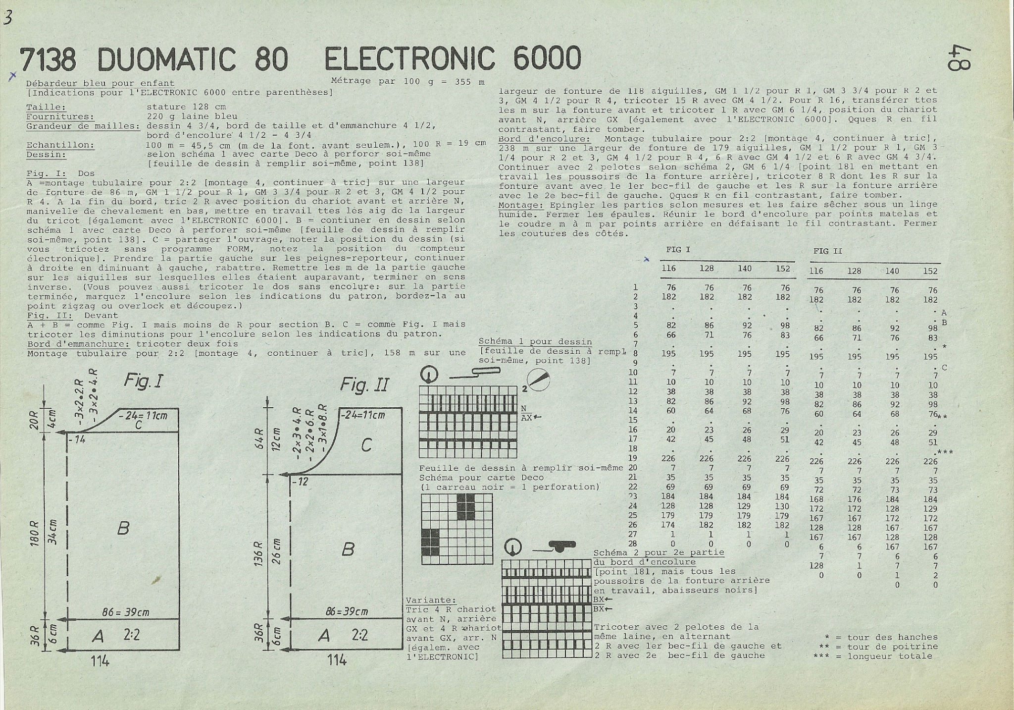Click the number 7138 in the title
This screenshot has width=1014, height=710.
click(x=48, y=59)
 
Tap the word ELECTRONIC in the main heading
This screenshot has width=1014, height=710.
click(x=409, y=58)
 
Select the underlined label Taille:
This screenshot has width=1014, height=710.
click(x=46, y=107)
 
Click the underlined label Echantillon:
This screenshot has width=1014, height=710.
click(x=60, y=145)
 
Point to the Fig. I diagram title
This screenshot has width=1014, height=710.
click(x=143, y=381)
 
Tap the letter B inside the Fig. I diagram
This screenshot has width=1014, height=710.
click(x=123, y=528)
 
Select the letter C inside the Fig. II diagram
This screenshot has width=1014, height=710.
click(x=366, y=445)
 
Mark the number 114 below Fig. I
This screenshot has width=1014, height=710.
click(x=100, y=660)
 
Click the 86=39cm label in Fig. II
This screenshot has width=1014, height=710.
click(x=346, y=611)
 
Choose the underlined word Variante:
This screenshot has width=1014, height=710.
click(x=430, y=600)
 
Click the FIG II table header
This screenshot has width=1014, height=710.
click(x=827, y=251)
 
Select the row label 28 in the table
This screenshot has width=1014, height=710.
click(x=633, y=544)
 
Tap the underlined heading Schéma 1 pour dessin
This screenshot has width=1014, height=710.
click(x=535, y=341)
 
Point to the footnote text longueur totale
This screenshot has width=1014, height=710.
click(x=890, y=656)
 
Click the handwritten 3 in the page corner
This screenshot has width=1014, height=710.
click(x=8, y=17)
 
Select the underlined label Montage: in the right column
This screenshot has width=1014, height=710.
click(x=518, y=205)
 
